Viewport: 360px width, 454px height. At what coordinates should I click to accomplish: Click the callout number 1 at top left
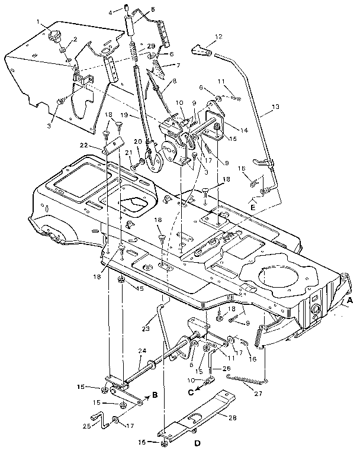pos(39,23)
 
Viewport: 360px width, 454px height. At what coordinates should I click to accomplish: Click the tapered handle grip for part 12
pos(203,51)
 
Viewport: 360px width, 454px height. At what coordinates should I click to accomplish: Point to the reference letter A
pos(350,300)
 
